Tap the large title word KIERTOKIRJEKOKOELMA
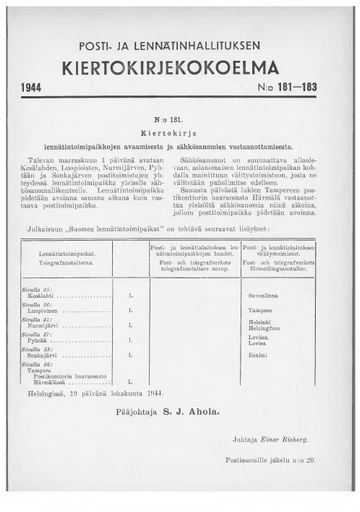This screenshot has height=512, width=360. click(x=180, y=70)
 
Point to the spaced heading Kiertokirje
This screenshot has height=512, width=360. click(x=180, y=130)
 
